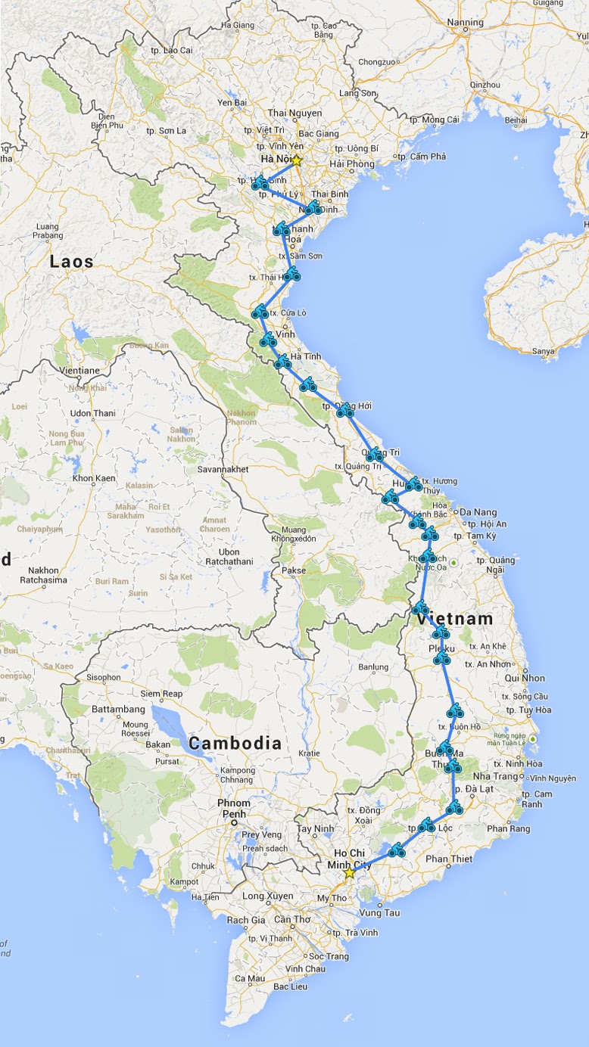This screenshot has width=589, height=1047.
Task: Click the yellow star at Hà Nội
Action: pos(297,160)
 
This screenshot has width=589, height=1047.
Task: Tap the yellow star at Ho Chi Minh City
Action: pos(349,873)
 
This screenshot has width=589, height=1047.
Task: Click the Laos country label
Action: pos(72,262)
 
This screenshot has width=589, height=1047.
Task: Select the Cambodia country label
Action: pos(235,743)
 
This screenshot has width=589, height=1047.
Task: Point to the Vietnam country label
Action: pos(454,619)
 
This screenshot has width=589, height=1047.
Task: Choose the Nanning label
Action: pos(465,22)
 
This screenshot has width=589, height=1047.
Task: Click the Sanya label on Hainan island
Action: pos(543,350)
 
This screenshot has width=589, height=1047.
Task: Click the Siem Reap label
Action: pos(162,694)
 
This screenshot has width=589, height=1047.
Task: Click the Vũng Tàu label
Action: pos(380,912)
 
